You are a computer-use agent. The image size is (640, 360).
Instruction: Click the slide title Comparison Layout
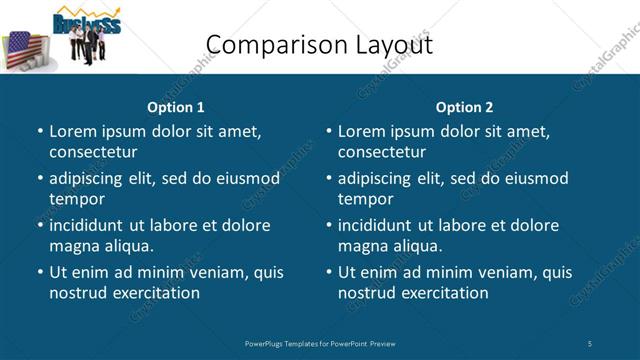pyautogui.click(x=319, y=45)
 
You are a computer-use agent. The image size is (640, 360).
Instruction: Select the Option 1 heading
pyautogui.click(x=176, y=107)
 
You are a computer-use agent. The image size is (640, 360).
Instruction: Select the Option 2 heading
pyautogui.click(x=464, y=107)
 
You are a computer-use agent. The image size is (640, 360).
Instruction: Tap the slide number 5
pyautogui.click(x=590, y=343)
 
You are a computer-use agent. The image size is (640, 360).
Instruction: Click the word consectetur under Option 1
pyautogui.click(x=93, y=152)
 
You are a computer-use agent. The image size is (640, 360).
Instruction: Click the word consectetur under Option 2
pyautogui.click(x=382, y=152)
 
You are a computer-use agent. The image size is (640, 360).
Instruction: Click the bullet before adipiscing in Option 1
pyautogui.click(x=40, y=179)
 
